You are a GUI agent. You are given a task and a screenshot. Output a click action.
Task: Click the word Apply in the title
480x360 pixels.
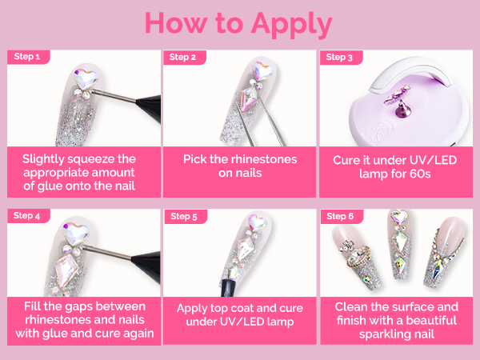pyautogui.click(x=292, y=25)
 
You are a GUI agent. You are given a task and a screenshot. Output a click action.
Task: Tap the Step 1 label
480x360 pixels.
pyautogui.click(x=27, y=57)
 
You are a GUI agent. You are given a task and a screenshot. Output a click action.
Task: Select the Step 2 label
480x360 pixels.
pyautogui.click(x=182, y=57)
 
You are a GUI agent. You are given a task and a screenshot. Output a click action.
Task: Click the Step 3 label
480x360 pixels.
pyautogui.click(x=339, y=57)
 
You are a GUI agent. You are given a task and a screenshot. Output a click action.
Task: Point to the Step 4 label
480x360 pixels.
pyautogui.click(x=26, y=215)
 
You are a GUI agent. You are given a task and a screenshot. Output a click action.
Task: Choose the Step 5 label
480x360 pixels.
pyautogui.click(x=184, y=217)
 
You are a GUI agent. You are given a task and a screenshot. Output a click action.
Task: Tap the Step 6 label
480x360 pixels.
pyautogui.click(x=340, y=216)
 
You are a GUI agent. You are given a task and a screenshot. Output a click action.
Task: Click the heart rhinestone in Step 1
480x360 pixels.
pyautogui.click(x=86, y=78)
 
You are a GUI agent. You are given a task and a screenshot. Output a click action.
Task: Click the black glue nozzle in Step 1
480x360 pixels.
pyautogui.click(x=150, y=108)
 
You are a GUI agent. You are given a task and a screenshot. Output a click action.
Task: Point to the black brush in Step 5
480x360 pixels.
pyautogui.click(x=228, y=288)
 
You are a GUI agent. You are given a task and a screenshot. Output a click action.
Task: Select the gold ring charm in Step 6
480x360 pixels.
pyautogui.click(x=358, y=256)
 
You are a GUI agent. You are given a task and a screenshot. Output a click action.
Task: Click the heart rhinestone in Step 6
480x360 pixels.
pyautogui.click(x=399, y=217)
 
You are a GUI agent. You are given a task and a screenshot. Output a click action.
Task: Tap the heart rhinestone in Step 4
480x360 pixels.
pyautogui.click(x=75, y=234)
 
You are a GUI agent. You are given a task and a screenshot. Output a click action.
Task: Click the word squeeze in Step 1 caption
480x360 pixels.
pyautogui.click(x=90, y=159)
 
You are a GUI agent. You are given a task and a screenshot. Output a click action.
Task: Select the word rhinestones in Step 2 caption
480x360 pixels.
pyautogui.click(x=264, y=159)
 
